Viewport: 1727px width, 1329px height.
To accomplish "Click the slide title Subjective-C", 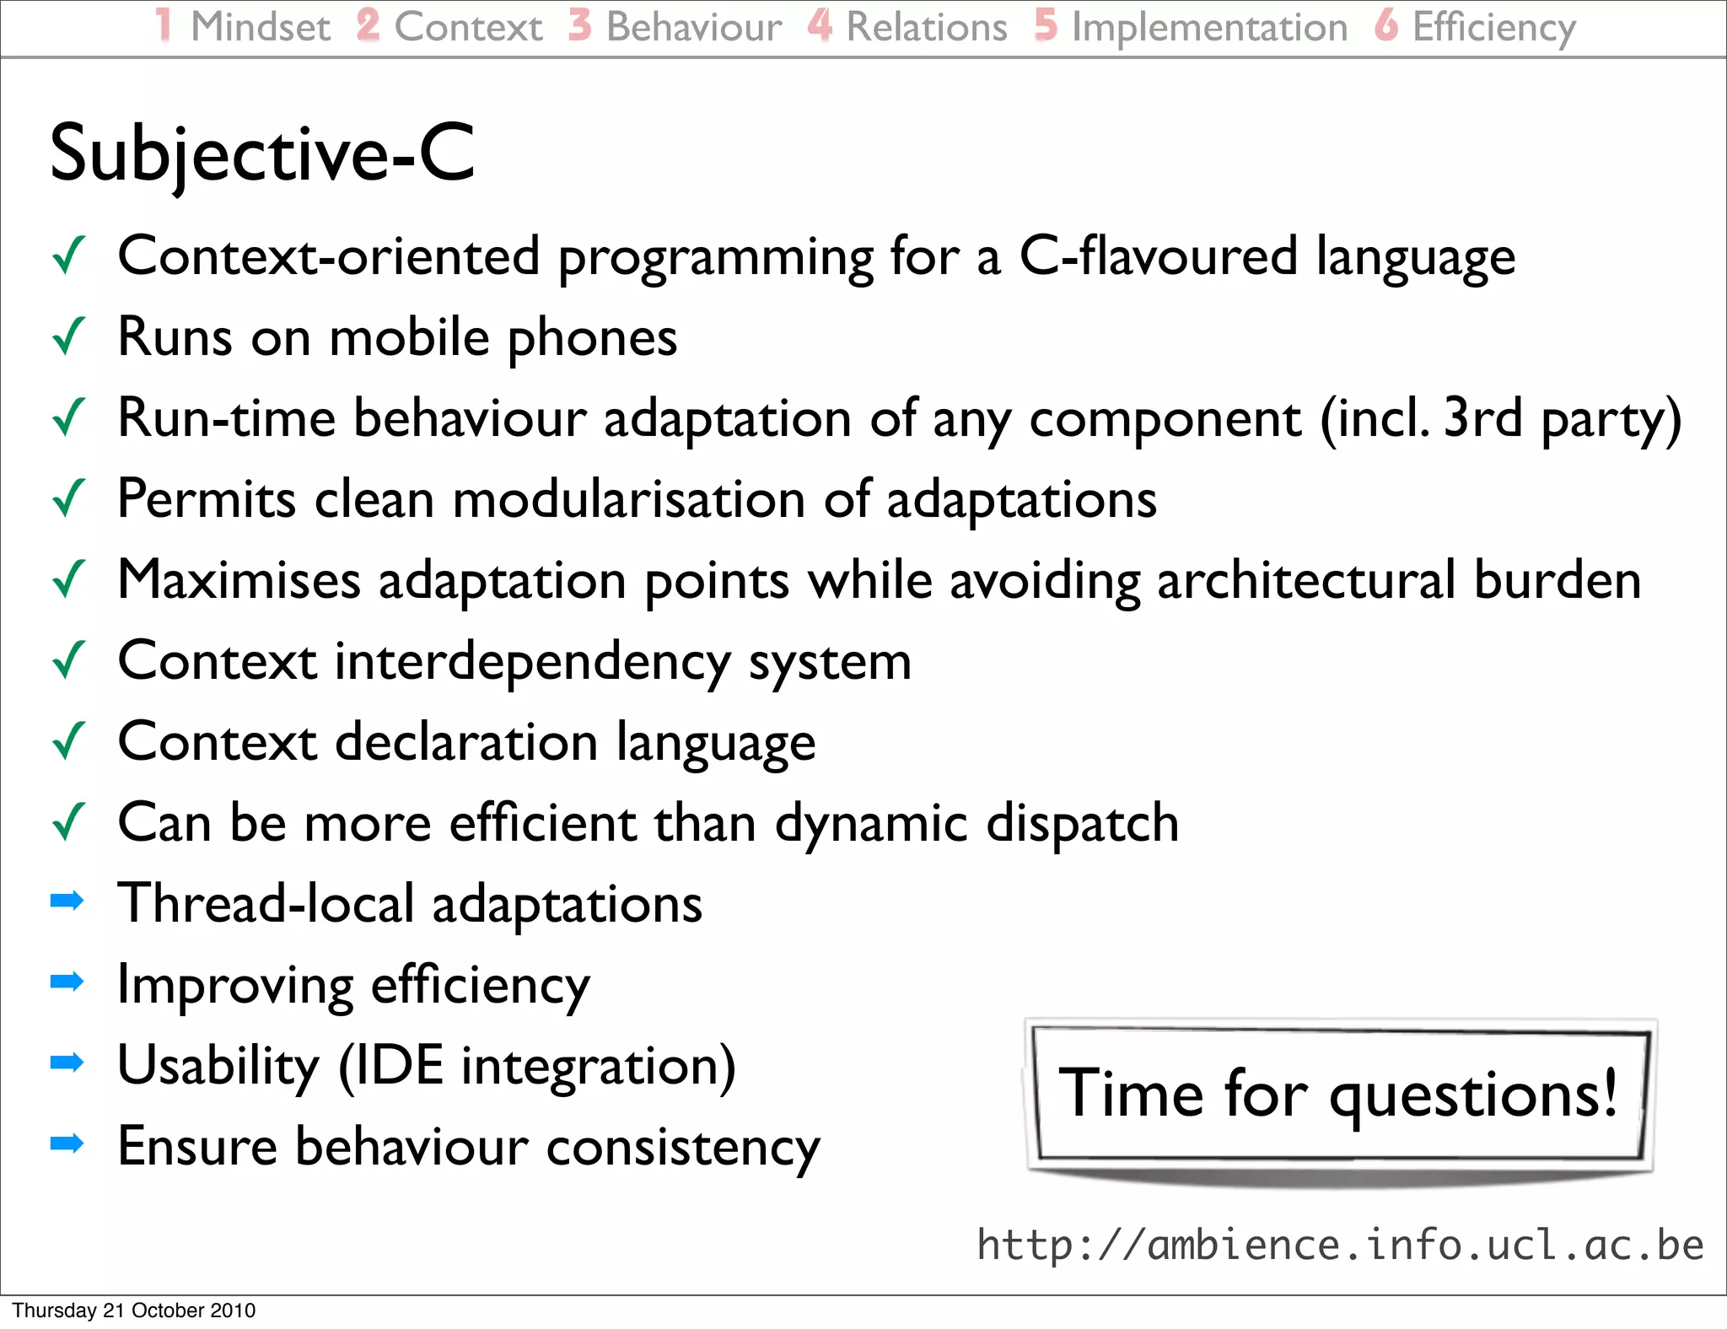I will [262, 154].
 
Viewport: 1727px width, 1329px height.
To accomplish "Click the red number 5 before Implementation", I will [1046, 25].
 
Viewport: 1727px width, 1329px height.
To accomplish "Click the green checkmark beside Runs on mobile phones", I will [69, 336].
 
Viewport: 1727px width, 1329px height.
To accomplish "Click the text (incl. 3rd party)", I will [1501, 418].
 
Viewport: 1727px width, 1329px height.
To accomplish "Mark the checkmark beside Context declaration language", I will [69, 741].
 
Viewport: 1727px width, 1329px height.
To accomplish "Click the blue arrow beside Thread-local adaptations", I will [67, 901].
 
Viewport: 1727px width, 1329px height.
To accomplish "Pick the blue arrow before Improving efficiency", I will [67, 981].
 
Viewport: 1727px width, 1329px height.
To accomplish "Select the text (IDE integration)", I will [537, 1066].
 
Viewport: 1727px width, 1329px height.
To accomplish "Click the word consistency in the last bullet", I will [683, 1147].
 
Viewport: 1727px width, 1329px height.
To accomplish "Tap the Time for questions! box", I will [1338, 1095].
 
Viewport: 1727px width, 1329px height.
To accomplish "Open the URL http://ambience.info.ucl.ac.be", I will [1340, 1246].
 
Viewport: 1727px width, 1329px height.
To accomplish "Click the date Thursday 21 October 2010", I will [134, 1310].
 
